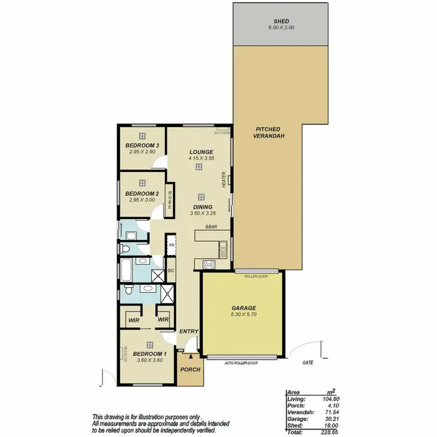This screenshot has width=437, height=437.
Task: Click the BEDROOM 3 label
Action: click(x=143, y=146)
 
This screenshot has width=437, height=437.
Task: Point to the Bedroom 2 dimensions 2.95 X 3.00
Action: click(x=143, y=200)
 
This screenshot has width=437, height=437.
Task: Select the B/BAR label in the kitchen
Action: click(x=210, y=227)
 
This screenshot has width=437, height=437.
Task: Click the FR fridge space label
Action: click(x=172, y=246)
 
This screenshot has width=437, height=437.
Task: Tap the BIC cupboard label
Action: click(x=171, y=270)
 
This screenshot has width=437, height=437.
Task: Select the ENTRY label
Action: click(x=189, y=332)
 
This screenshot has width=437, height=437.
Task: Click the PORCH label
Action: click(x=189, y=369)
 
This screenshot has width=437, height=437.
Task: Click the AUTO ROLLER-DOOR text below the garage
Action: click(x=241, y=362)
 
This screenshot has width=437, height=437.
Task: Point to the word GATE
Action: click(x=308, y=362)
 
